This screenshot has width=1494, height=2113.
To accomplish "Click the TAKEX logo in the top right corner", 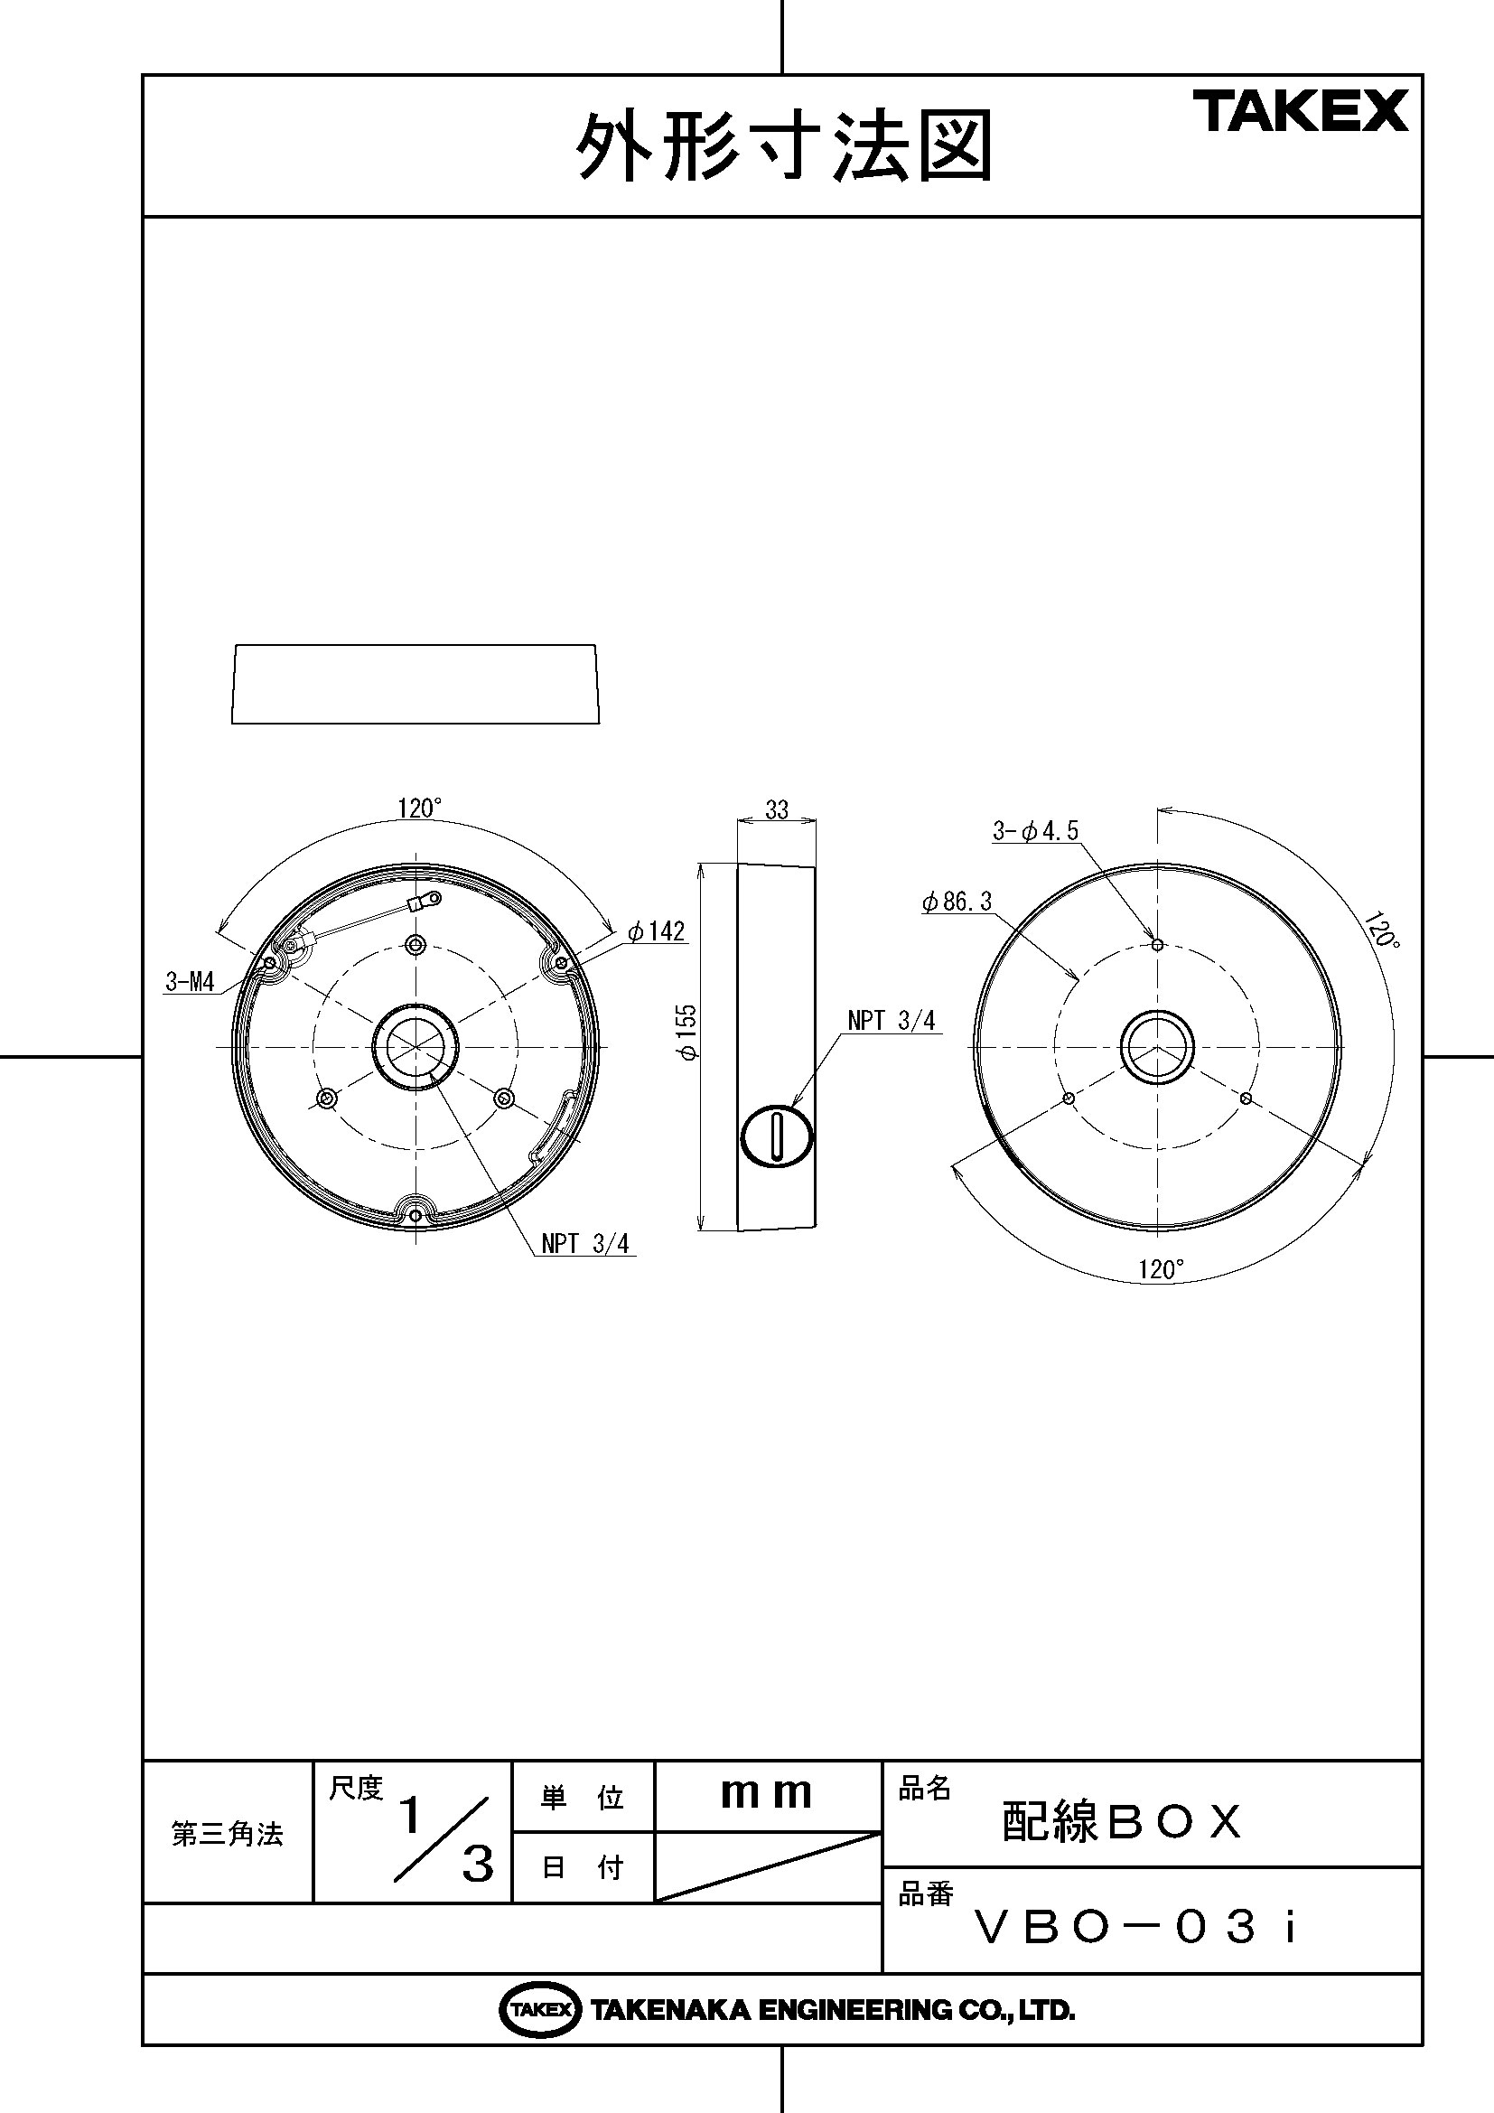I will point(1301,111).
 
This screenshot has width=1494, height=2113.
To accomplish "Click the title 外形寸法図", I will point(784,147).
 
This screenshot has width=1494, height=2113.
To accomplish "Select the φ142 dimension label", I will point(657,931).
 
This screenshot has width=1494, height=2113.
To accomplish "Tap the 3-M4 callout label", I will point(190,982).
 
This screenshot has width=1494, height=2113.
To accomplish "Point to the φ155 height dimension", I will point(688,1032).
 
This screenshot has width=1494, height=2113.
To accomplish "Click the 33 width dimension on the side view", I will point(777,809).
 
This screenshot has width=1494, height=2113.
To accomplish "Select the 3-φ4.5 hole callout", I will point(1035,831).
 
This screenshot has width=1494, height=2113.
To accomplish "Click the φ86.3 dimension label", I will point(957,902).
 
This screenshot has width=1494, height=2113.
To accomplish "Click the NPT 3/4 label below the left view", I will point(585,1243).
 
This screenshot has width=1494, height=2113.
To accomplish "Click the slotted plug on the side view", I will point(777,1137).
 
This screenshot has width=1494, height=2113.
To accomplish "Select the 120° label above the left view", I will point(419,808).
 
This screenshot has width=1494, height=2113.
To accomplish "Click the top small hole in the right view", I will point(1158,945).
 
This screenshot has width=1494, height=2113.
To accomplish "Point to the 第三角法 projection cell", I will point(228,1834).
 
